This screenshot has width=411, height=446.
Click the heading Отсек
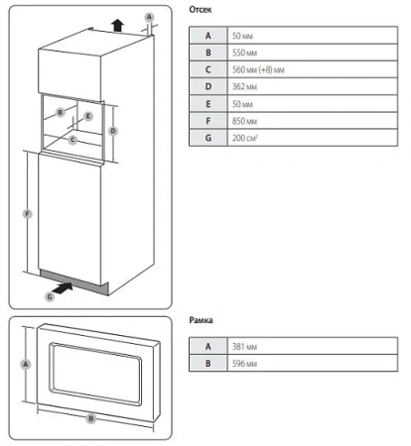click(201, 10)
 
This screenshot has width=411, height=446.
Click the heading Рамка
click(201, 320)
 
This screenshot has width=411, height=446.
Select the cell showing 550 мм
click(313, 53)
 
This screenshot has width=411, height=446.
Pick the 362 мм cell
click(313, 87)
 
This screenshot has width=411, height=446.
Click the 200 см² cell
click(313, 138)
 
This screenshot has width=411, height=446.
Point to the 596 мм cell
click(313, 364)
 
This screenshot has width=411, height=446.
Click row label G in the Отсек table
click(208, 138)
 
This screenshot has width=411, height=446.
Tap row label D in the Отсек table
click(208, 87)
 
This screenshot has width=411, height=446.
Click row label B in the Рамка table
click(208, 364)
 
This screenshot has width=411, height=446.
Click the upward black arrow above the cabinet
click(117, 26)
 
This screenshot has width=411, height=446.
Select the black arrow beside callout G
click(63, 288)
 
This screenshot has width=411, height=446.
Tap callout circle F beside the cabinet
click(28, 214)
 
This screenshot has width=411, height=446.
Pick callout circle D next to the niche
click(113, 131)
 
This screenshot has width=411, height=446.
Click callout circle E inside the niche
click(88, 116)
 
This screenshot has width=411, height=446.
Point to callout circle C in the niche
click(72, 140)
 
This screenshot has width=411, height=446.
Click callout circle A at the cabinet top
click(149, 17)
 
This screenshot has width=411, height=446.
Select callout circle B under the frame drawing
click(90, 419)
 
